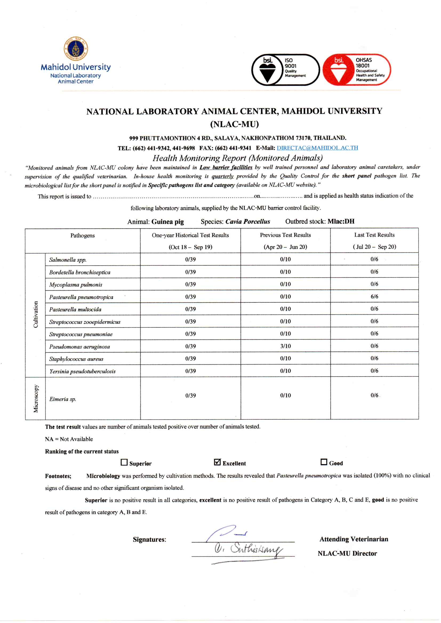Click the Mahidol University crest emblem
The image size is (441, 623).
coord(76,48)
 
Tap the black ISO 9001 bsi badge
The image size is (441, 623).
coord(285,70)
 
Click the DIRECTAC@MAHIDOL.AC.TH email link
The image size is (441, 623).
coord(317,148)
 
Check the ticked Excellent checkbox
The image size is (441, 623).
coord(217,462)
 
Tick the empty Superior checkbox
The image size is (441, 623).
coord(124,462)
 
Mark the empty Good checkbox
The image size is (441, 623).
coord(324,462)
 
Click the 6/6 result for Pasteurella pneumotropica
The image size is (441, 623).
coord(374,296)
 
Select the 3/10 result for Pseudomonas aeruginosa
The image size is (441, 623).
coord(285,346)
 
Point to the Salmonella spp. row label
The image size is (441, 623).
coord(68,260)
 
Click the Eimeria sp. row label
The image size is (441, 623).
coord(63,399)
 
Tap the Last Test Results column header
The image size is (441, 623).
coord(374,235)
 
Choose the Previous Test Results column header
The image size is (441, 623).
coord(285,235)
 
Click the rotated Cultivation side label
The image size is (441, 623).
coord(35,314)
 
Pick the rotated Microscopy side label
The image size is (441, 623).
coord(35,398)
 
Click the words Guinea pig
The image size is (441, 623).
coord(167,222)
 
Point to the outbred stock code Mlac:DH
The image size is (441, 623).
coord(341,221)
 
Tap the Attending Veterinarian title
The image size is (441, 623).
coord(354,539)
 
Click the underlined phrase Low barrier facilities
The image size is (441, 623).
coord(226,167)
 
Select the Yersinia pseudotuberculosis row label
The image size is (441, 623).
coord(83,371)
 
